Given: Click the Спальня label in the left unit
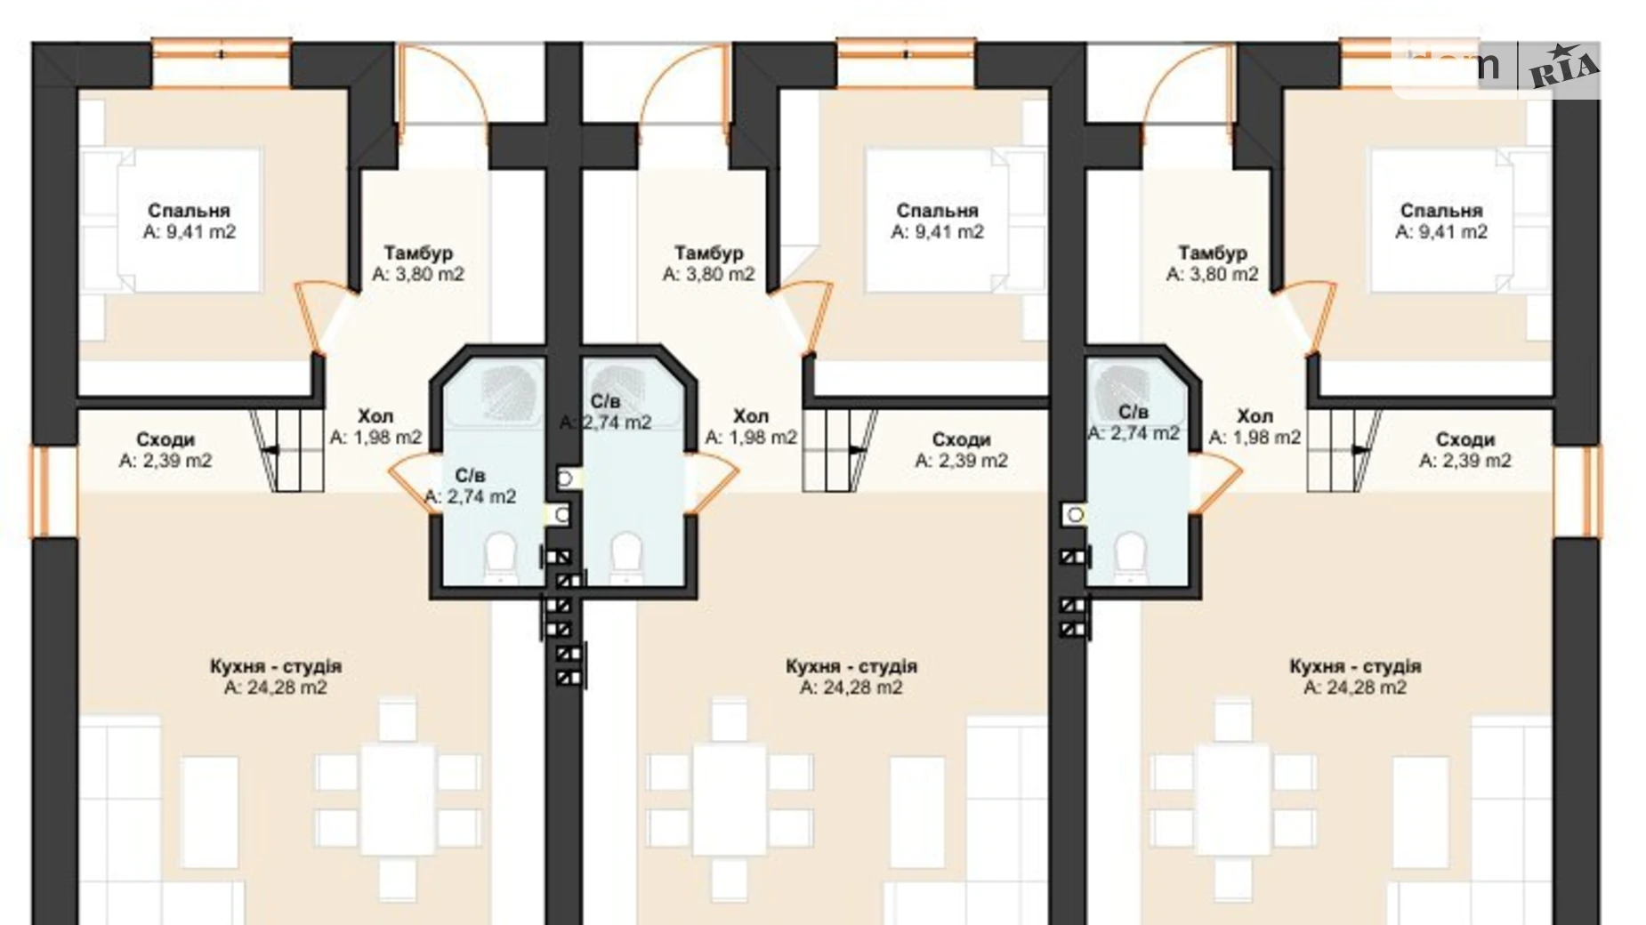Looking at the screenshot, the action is [189, 211].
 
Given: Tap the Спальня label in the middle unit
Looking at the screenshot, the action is [937, 211].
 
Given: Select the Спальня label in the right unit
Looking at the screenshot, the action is [1441, 211].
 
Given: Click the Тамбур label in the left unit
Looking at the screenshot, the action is [418, 253].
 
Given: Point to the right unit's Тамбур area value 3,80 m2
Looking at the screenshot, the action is [1213, 275].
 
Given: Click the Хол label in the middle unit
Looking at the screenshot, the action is [751, 416].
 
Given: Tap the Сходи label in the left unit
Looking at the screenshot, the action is [165, 439].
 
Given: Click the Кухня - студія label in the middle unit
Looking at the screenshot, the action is [851, 666].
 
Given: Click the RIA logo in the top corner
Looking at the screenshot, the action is [1562, 68].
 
